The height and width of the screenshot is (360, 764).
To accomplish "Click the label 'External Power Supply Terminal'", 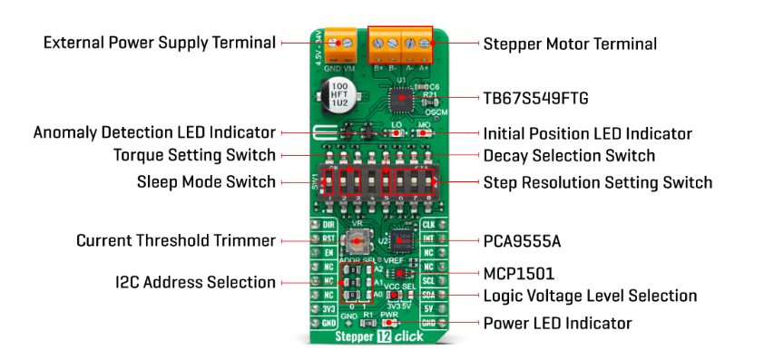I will point(159,43).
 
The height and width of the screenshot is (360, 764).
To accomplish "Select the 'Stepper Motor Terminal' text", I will point(570,44).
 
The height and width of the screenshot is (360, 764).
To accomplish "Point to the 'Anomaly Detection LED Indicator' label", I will point(154,132).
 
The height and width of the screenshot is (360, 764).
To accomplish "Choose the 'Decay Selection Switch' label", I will point(569,156).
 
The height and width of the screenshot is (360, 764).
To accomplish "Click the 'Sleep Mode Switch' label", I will point(207,182).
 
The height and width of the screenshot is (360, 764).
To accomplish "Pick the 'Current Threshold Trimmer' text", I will point(175,241).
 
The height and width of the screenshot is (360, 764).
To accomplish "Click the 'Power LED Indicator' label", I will point(557,323).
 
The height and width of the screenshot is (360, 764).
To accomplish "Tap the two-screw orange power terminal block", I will point(338,41).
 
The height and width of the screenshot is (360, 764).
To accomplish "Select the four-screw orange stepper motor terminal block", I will point(400,42).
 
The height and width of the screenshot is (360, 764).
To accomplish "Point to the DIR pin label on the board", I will point(329,223).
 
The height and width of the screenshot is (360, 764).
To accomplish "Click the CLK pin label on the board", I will point(429,223).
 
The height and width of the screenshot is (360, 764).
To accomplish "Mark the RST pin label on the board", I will point(329,238).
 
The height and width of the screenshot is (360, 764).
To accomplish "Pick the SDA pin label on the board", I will point(429,295).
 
